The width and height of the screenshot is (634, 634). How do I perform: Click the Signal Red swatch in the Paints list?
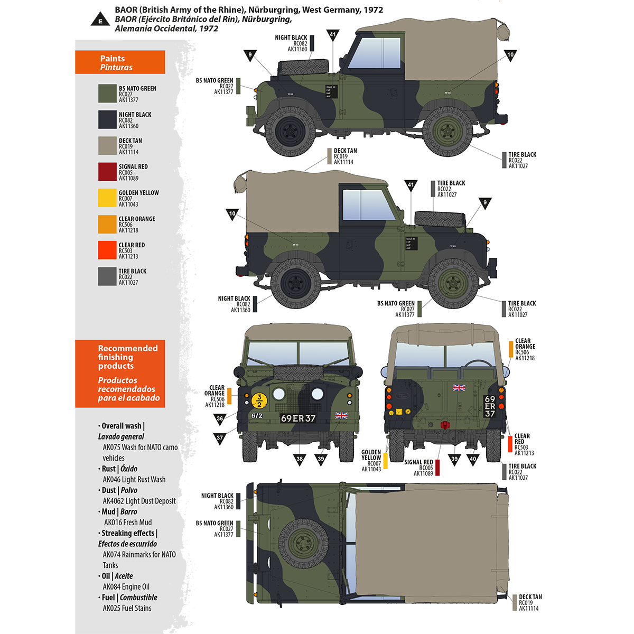coord(107,172)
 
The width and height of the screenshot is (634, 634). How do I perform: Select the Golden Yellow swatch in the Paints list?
coord(107,198)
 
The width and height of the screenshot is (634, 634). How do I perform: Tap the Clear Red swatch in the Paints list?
coord(107,250)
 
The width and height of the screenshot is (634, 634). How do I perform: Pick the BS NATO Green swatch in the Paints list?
coord(107,94)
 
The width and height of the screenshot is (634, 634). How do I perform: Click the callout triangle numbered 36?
coord(220,418)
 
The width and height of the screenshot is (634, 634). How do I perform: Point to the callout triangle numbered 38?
coord(300,459)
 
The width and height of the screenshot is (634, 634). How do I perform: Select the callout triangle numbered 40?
coord(473,459)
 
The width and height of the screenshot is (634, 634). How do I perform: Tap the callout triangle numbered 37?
coord(220,437)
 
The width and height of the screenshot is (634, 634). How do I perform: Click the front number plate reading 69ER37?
coord(298,418)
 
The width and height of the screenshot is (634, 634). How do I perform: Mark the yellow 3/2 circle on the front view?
coord(259,401)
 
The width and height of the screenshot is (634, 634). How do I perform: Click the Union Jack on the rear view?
coord(459,388)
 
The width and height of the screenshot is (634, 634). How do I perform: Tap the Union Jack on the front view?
coord(341,416)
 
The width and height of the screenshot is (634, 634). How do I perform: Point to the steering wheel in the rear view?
coord(478,365)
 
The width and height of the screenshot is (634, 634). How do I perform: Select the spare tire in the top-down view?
coord(303,542)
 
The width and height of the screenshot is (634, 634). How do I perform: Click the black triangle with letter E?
coord(100,21)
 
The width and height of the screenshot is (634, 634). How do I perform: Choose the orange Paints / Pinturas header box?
coord(120,62)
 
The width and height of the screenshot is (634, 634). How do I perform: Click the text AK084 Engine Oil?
coord(126,587)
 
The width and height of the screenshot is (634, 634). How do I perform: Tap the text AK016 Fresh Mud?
coord(128,523)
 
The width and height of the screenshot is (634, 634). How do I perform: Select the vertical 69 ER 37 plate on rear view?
coord(490,406)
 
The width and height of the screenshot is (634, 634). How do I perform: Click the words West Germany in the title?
coord(327,10)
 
